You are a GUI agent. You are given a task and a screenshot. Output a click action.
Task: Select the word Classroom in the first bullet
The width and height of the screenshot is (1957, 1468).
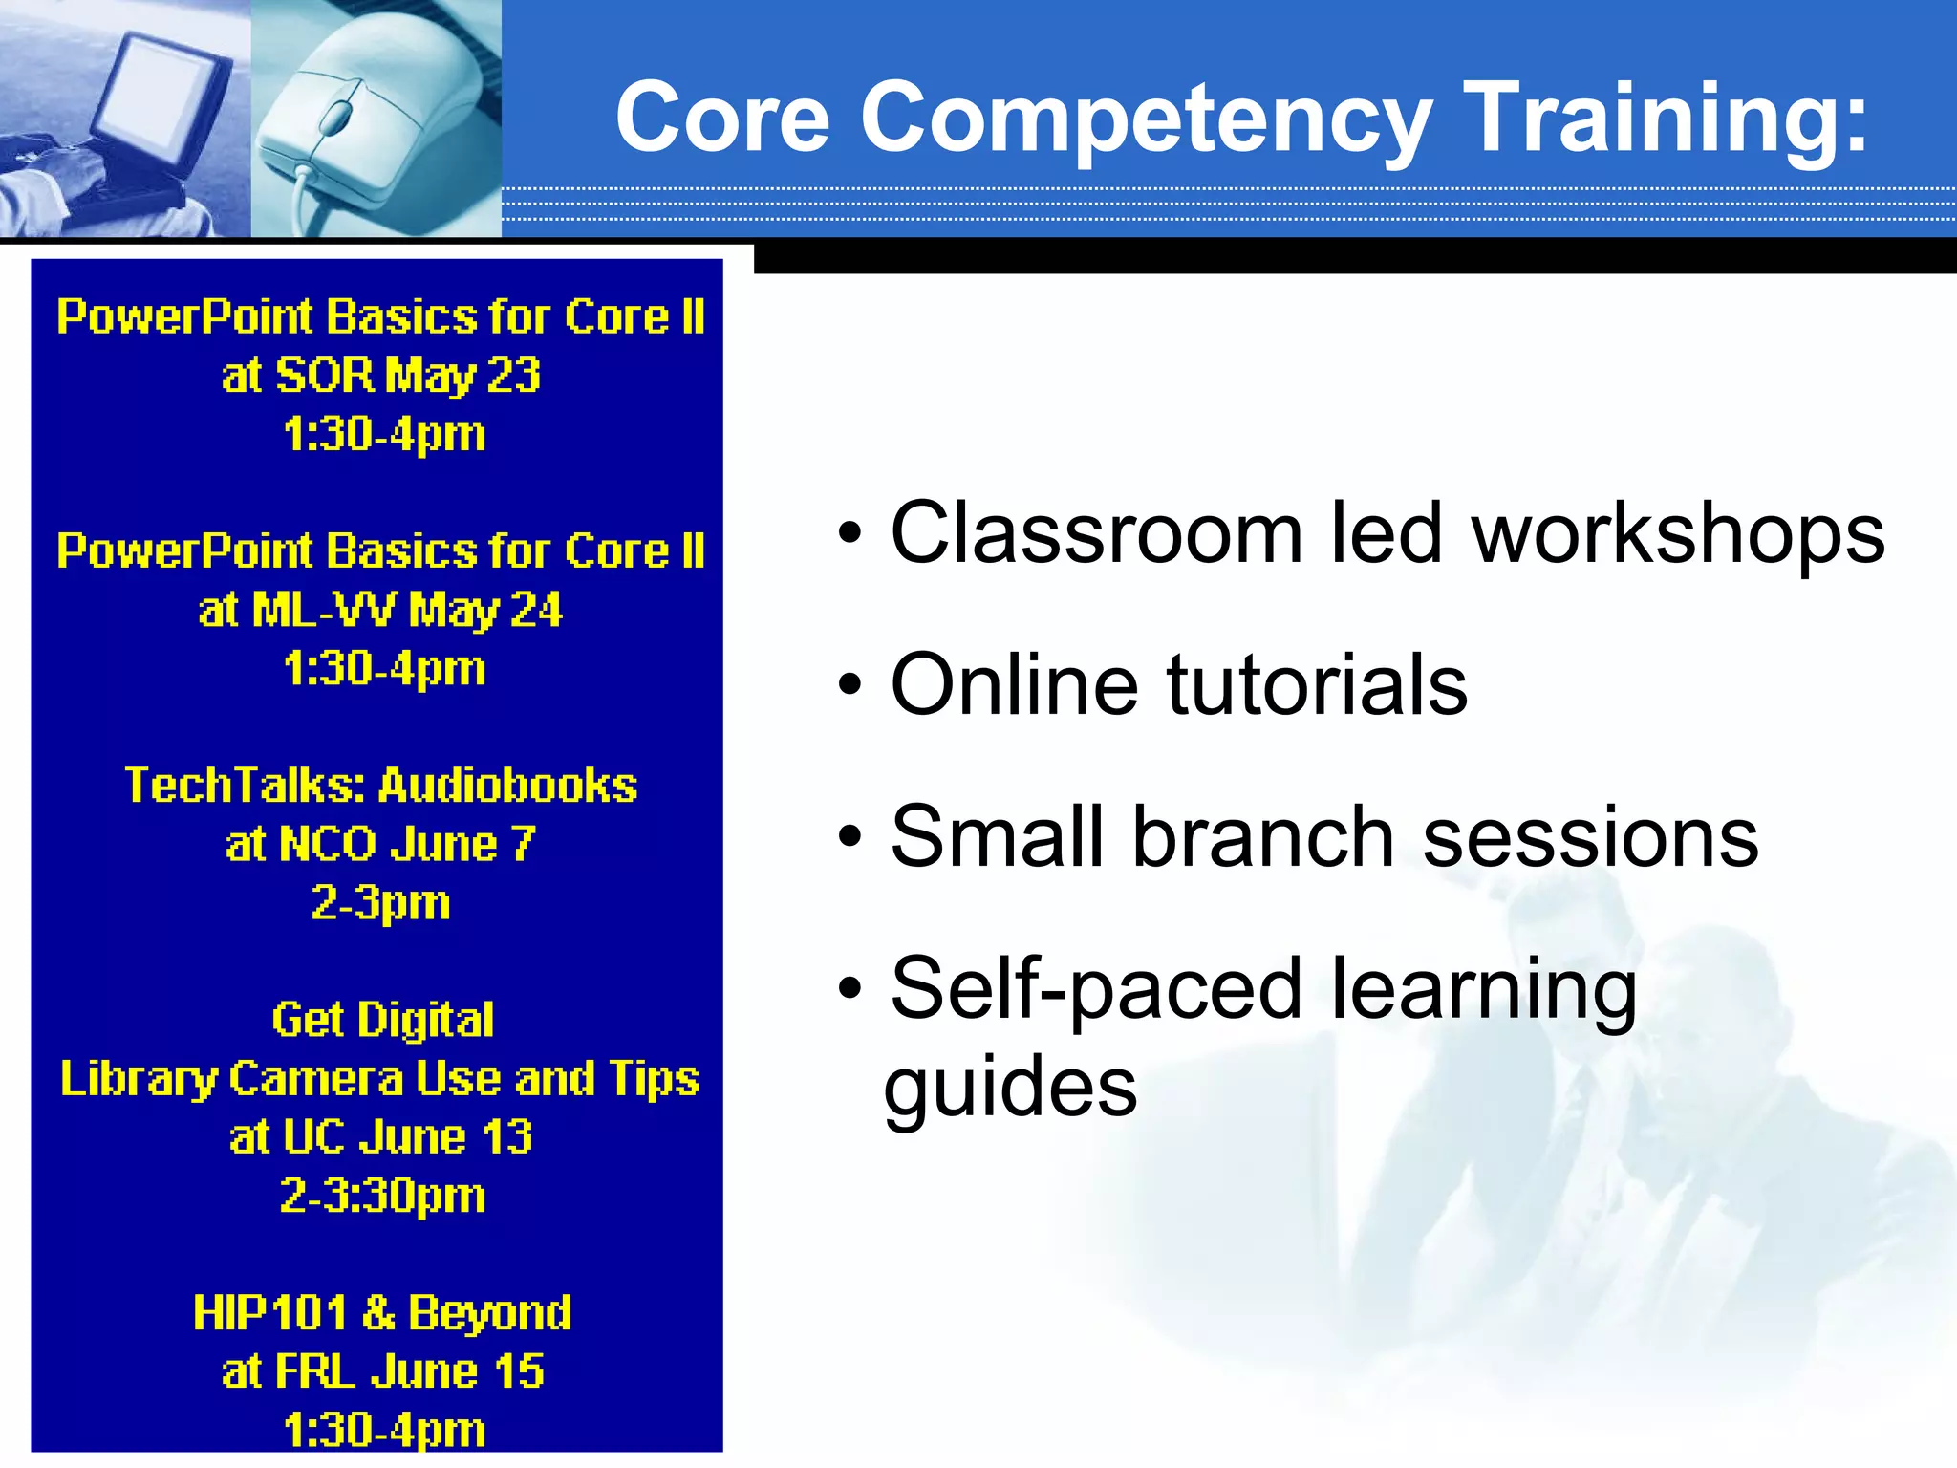1096,533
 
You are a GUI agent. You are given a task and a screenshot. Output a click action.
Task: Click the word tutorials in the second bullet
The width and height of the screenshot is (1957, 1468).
1316,684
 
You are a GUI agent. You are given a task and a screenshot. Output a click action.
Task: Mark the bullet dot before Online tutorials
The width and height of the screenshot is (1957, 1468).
849,686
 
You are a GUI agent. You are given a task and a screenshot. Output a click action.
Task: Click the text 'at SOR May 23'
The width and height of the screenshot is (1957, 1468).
381,375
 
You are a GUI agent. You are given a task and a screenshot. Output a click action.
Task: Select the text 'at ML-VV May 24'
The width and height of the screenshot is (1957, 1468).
380,610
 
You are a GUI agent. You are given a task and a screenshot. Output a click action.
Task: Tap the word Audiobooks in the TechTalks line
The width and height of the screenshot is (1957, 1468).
507,786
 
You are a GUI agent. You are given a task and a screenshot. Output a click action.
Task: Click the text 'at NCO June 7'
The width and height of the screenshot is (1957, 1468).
380,844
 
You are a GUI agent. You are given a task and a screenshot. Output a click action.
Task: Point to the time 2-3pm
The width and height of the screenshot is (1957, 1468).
380,902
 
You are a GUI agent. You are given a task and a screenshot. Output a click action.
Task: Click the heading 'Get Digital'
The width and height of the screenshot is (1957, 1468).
382,1020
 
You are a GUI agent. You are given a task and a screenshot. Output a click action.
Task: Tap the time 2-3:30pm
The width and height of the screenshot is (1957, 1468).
382,1196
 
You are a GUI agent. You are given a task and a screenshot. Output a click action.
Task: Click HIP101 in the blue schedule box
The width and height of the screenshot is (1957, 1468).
269,1312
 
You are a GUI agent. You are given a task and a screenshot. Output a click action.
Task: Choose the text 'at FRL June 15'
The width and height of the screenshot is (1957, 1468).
382,1371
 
